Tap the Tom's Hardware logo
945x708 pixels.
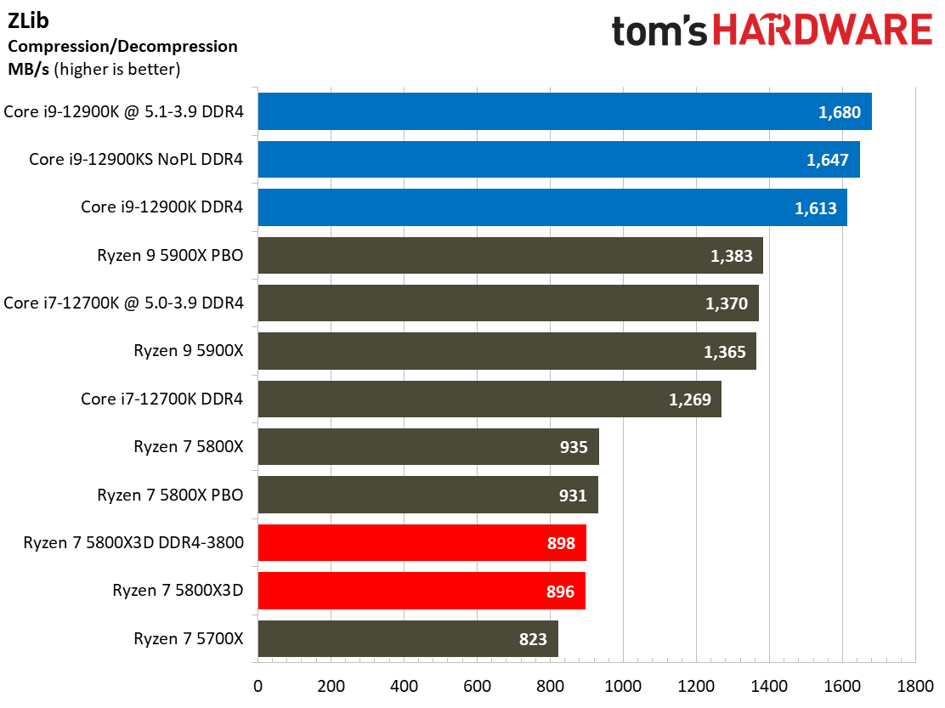coord(771,31)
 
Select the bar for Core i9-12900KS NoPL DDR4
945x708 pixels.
coord(558,159)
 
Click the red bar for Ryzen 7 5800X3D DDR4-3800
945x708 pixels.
coord(422,542)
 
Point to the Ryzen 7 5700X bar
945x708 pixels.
coord(407,638)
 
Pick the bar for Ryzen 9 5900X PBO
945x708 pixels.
coord(510,255)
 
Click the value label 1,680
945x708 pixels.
coord(840,111)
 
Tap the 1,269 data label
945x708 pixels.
coord(690,399)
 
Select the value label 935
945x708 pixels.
coord(574,446)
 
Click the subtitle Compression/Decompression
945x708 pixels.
coord(122,46)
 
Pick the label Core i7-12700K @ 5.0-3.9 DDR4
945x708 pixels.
coord(124,303)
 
